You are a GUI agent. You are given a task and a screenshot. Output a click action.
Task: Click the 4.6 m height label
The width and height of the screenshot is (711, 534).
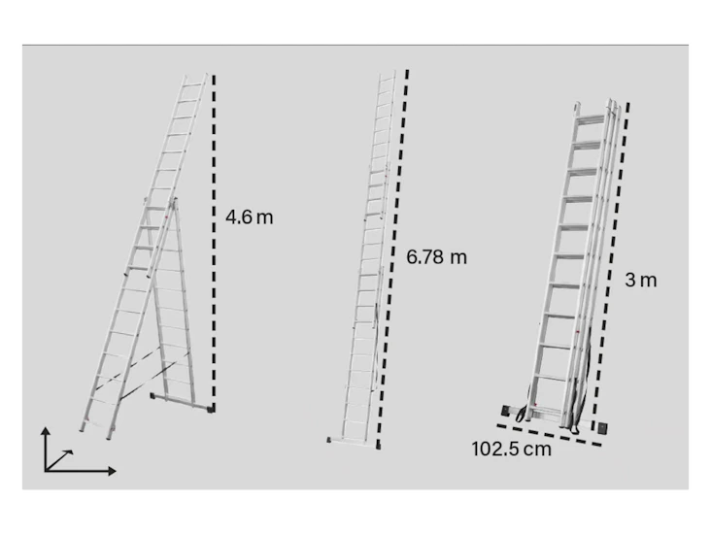250,217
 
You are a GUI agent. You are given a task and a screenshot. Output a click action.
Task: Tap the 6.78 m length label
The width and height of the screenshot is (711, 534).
436,257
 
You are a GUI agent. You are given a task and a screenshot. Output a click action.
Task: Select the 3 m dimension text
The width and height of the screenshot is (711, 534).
640,281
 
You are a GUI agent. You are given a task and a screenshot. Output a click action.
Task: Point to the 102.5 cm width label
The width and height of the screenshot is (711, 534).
510,450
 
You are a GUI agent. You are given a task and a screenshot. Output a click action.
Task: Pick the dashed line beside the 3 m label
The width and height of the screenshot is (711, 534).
612,262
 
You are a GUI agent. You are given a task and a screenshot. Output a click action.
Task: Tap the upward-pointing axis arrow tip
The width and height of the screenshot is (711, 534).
46,428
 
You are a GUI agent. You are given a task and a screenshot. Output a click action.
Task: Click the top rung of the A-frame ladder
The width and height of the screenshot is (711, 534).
192,84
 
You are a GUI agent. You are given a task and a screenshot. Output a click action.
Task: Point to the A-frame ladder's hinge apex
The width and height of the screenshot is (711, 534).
175,200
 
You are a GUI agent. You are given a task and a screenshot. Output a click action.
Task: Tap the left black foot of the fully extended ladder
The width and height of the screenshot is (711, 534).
331,440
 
